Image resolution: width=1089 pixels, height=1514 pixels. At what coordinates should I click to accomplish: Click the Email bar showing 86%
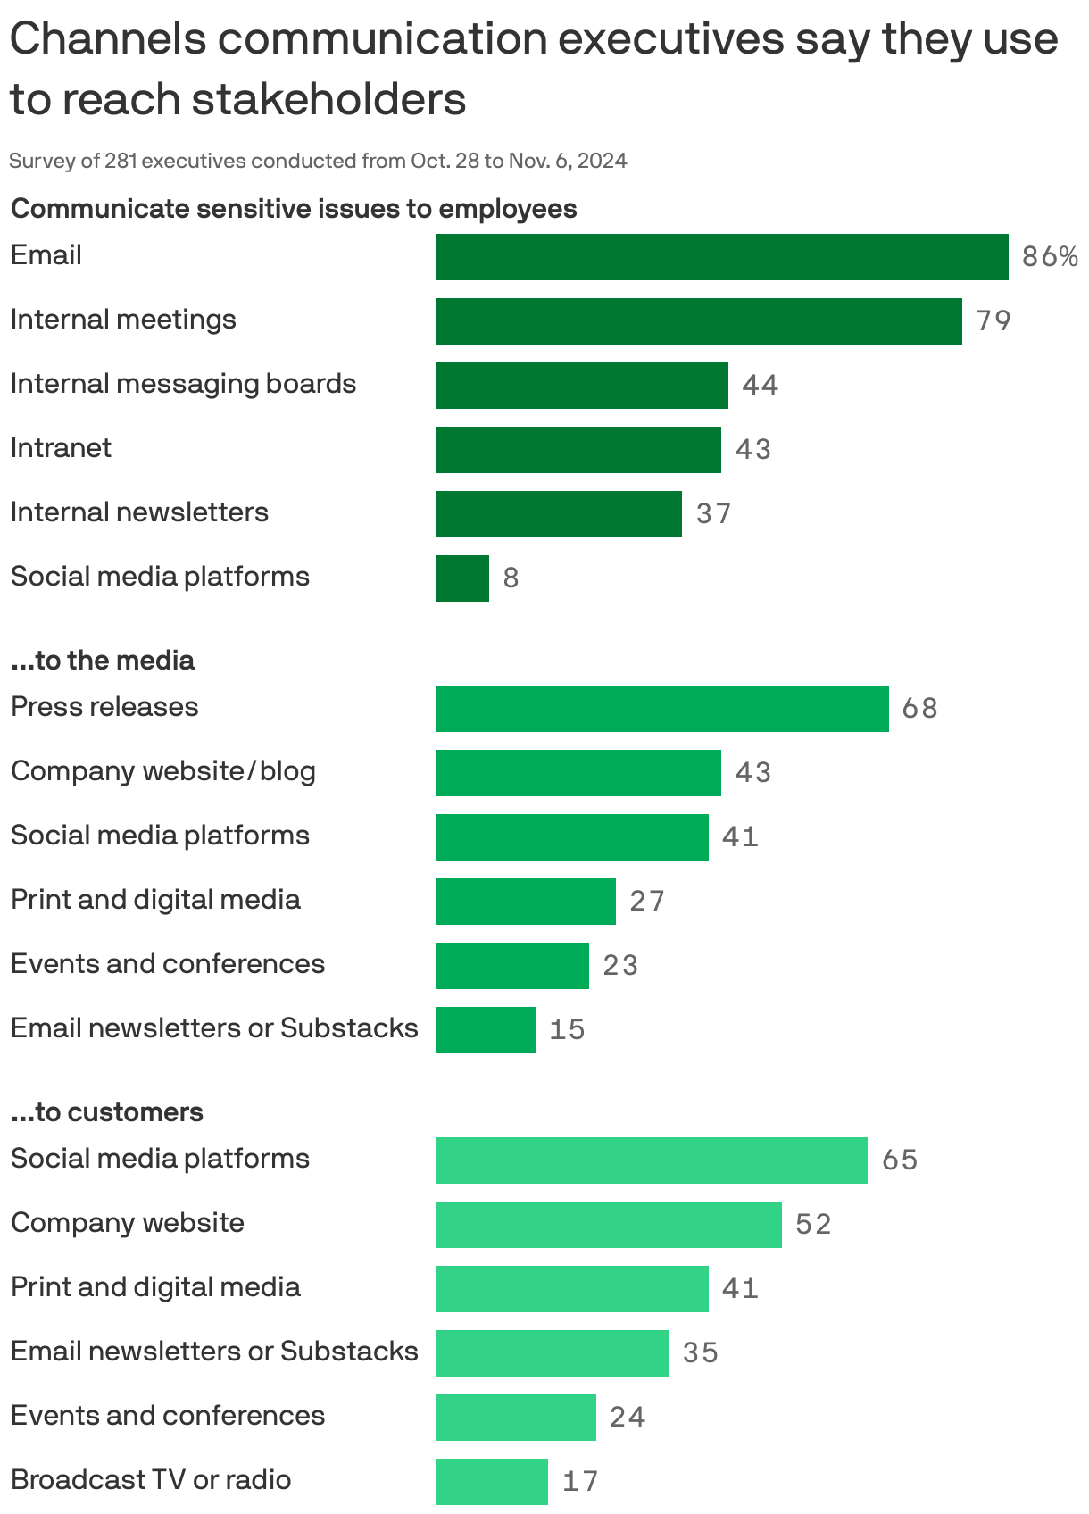[721, 257]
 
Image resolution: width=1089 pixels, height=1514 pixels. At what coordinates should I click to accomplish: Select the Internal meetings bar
[698, 321]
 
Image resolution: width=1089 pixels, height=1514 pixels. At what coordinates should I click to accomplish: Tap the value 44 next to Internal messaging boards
[760, 386]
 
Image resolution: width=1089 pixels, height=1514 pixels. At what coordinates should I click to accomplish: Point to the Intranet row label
[61, 448]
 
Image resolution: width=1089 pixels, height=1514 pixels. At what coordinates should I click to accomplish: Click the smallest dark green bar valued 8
[461, 578]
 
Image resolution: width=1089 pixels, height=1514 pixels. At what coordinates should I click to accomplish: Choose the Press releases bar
[661, 709]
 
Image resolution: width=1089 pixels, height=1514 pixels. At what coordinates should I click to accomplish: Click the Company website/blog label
[162, 771]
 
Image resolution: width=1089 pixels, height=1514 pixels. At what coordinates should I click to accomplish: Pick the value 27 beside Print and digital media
[647, 902]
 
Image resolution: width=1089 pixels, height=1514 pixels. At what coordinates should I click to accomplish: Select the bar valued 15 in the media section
[485, 1030]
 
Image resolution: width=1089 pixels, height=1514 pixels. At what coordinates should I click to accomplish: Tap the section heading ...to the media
[102, 661]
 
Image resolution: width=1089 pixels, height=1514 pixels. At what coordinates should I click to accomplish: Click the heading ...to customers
[106, 1112]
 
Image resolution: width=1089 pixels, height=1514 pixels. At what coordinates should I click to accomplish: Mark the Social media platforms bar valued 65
[651, 1160]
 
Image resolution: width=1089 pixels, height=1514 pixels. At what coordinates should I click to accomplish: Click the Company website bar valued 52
[608, 1225]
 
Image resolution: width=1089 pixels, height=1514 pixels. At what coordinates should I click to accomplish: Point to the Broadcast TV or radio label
[150, 1480]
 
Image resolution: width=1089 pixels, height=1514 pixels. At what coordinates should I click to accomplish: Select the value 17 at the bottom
[580, 1482]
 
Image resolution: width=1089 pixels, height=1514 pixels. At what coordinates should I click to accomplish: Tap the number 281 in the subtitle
[121, 162]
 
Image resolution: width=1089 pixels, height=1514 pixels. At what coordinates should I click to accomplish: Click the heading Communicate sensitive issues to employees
[294, 209]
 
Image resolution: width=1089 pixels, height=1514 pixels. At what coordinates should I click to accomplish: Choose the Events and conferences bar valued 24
[515, 1418]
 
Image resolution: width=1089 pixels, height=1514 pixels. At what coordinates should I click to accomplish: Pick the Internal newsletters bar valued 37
[558, 514]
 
